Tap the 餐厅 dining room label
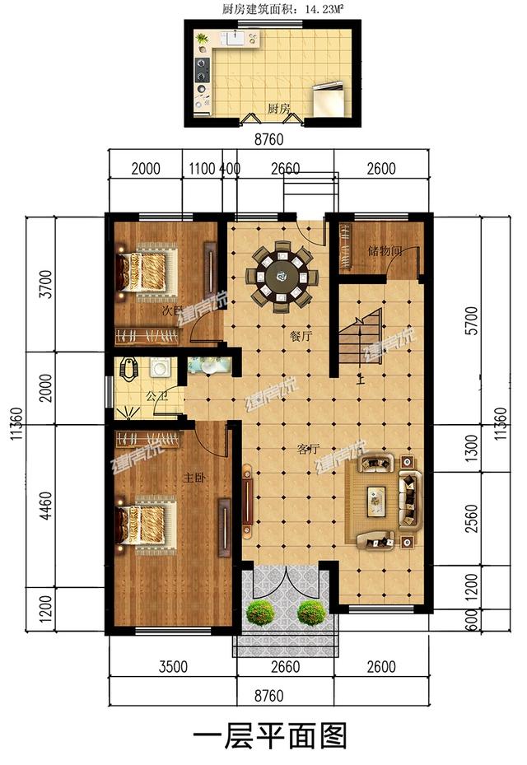[x=300, y=336]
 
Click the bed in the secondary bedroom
[x=147, y=269]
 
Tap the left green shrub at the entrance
[x=261, y=612]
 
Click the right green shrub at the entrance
[x=311, y=612]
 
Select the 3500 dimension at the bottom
[x=174, y=666]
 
